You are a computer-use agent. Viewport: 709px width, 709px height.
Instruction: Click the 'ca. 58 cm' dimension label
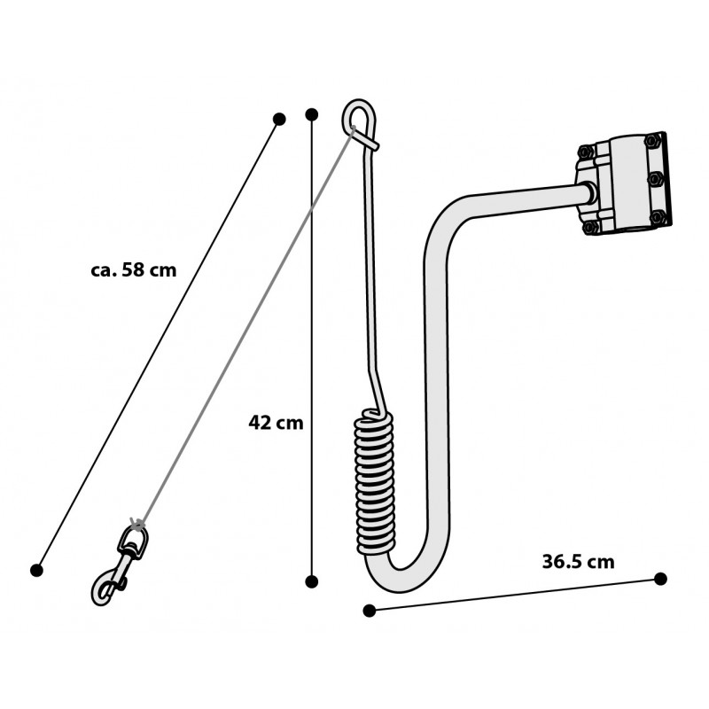[x=134, y=270]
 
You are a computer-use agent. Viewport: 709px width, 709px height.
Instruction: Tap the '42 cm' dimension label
[x=276, y=423]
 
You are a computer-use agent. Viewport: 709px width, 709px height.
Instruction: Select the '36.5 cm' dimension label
[x=579, y=562]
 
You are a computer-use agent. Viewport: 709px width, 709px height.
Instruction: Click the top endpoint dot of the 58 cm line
[x=279, y=120]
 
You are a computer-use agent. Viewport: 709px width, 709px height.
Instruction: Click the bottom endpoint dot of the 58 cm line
[x=36, y=570]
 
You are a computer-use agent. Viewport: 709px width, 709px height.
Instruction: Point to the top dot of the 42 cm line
[x=312, y=114]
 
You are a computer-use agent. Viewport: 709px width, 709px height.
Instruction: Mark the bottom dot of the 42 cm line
[x=312, y=581]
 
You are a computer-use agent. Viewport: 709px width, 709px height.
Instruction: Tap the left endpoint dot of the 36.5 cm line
[x=370, y=611]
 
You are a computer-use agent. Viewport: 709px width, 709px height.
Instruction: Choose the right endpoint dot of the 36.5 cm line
[x=660, y=579]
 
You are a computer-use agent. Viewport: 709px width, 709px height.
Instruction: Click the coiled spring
[x=374, y=482]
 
